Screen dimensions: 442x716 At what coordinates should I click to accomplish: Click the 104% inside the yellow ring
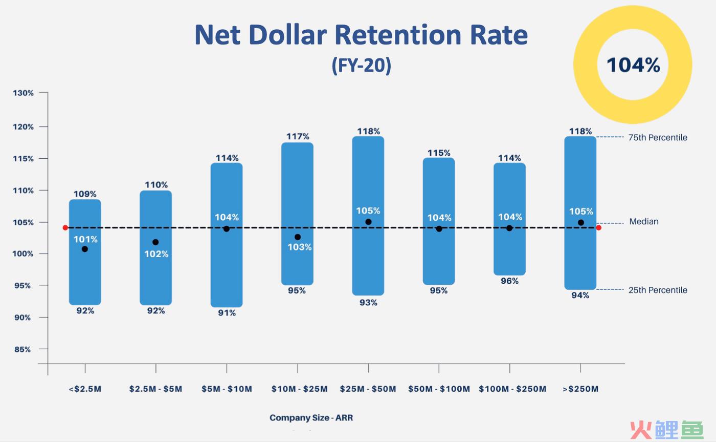point(633,66)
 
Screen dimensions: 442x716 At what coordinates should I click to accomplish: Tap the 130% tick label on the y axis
point(24,93)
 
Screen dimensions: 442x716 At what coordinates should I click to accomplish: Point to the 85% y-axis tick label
point(22,349)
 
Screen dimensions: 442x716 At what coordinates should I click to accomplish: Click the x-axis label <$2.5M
point(85,389)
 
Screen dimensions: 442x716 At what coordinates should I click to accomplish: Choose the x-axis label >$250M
point(580,389)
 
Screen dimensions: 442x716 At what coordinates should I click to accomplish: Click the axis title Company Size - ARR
point(311,417)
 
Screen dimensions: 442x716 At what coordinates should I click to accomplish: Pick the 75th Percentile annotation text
point(658,137)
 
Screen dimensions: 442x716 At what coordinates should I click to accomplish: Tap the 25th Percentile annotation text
point(658,290)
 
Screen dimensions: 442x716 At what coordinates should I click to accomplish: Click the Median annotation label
point(644,222)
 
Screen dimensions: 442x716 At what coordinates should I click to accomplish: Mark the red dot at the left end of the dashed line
point(65,228)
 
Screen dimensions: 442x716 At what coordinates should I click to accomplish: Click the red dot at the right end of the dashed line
point(599,228)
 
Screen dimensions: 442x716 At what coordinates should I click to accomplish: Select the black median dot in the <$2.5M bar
point(85,249)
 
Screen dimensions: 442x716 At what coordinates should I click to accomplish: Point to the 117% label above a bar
point(298,136)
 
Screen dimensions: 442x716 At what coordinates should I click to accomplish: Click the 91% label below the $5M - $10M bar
point(227,313)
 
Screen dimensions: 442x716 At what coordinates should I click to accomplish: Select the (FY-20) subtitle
point(361,65)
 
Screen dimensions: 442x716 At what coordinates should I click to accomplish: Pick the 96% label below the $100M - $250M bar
point(509,281)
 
